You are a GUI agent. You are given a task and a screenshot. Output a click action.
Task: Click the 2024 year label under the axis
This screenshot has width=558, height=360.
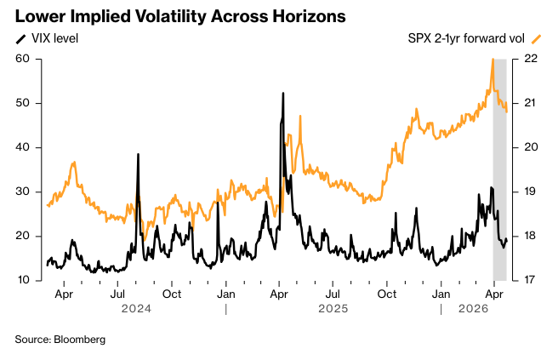coord(136,309)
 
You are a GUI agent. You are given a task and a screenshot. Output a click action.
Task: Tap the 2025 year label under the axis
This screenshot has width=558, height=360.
coord(333,309)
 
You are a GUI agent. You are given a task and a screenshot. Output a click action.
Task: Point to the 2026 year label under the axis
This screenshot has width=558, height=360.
coord(472,309)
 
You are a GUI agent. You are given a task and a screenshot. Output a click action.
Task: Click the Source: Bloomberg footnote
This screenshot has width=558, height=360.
coord(60,340)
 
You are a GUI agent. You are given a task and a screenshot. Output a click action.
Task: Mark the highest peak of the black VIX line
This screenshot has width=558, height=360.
coord(282,93)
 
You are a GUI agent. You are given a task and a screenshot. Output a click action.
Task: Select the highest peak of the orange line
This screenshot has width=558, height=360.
coord(493,60)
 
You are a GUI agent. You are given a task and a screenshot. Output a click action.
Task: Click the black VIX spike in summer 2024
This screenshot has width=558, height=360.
coord(138,154)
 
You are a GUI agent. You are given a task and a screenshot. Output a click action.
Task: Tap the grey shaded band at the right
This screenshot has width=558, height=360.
coord(500,170)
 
